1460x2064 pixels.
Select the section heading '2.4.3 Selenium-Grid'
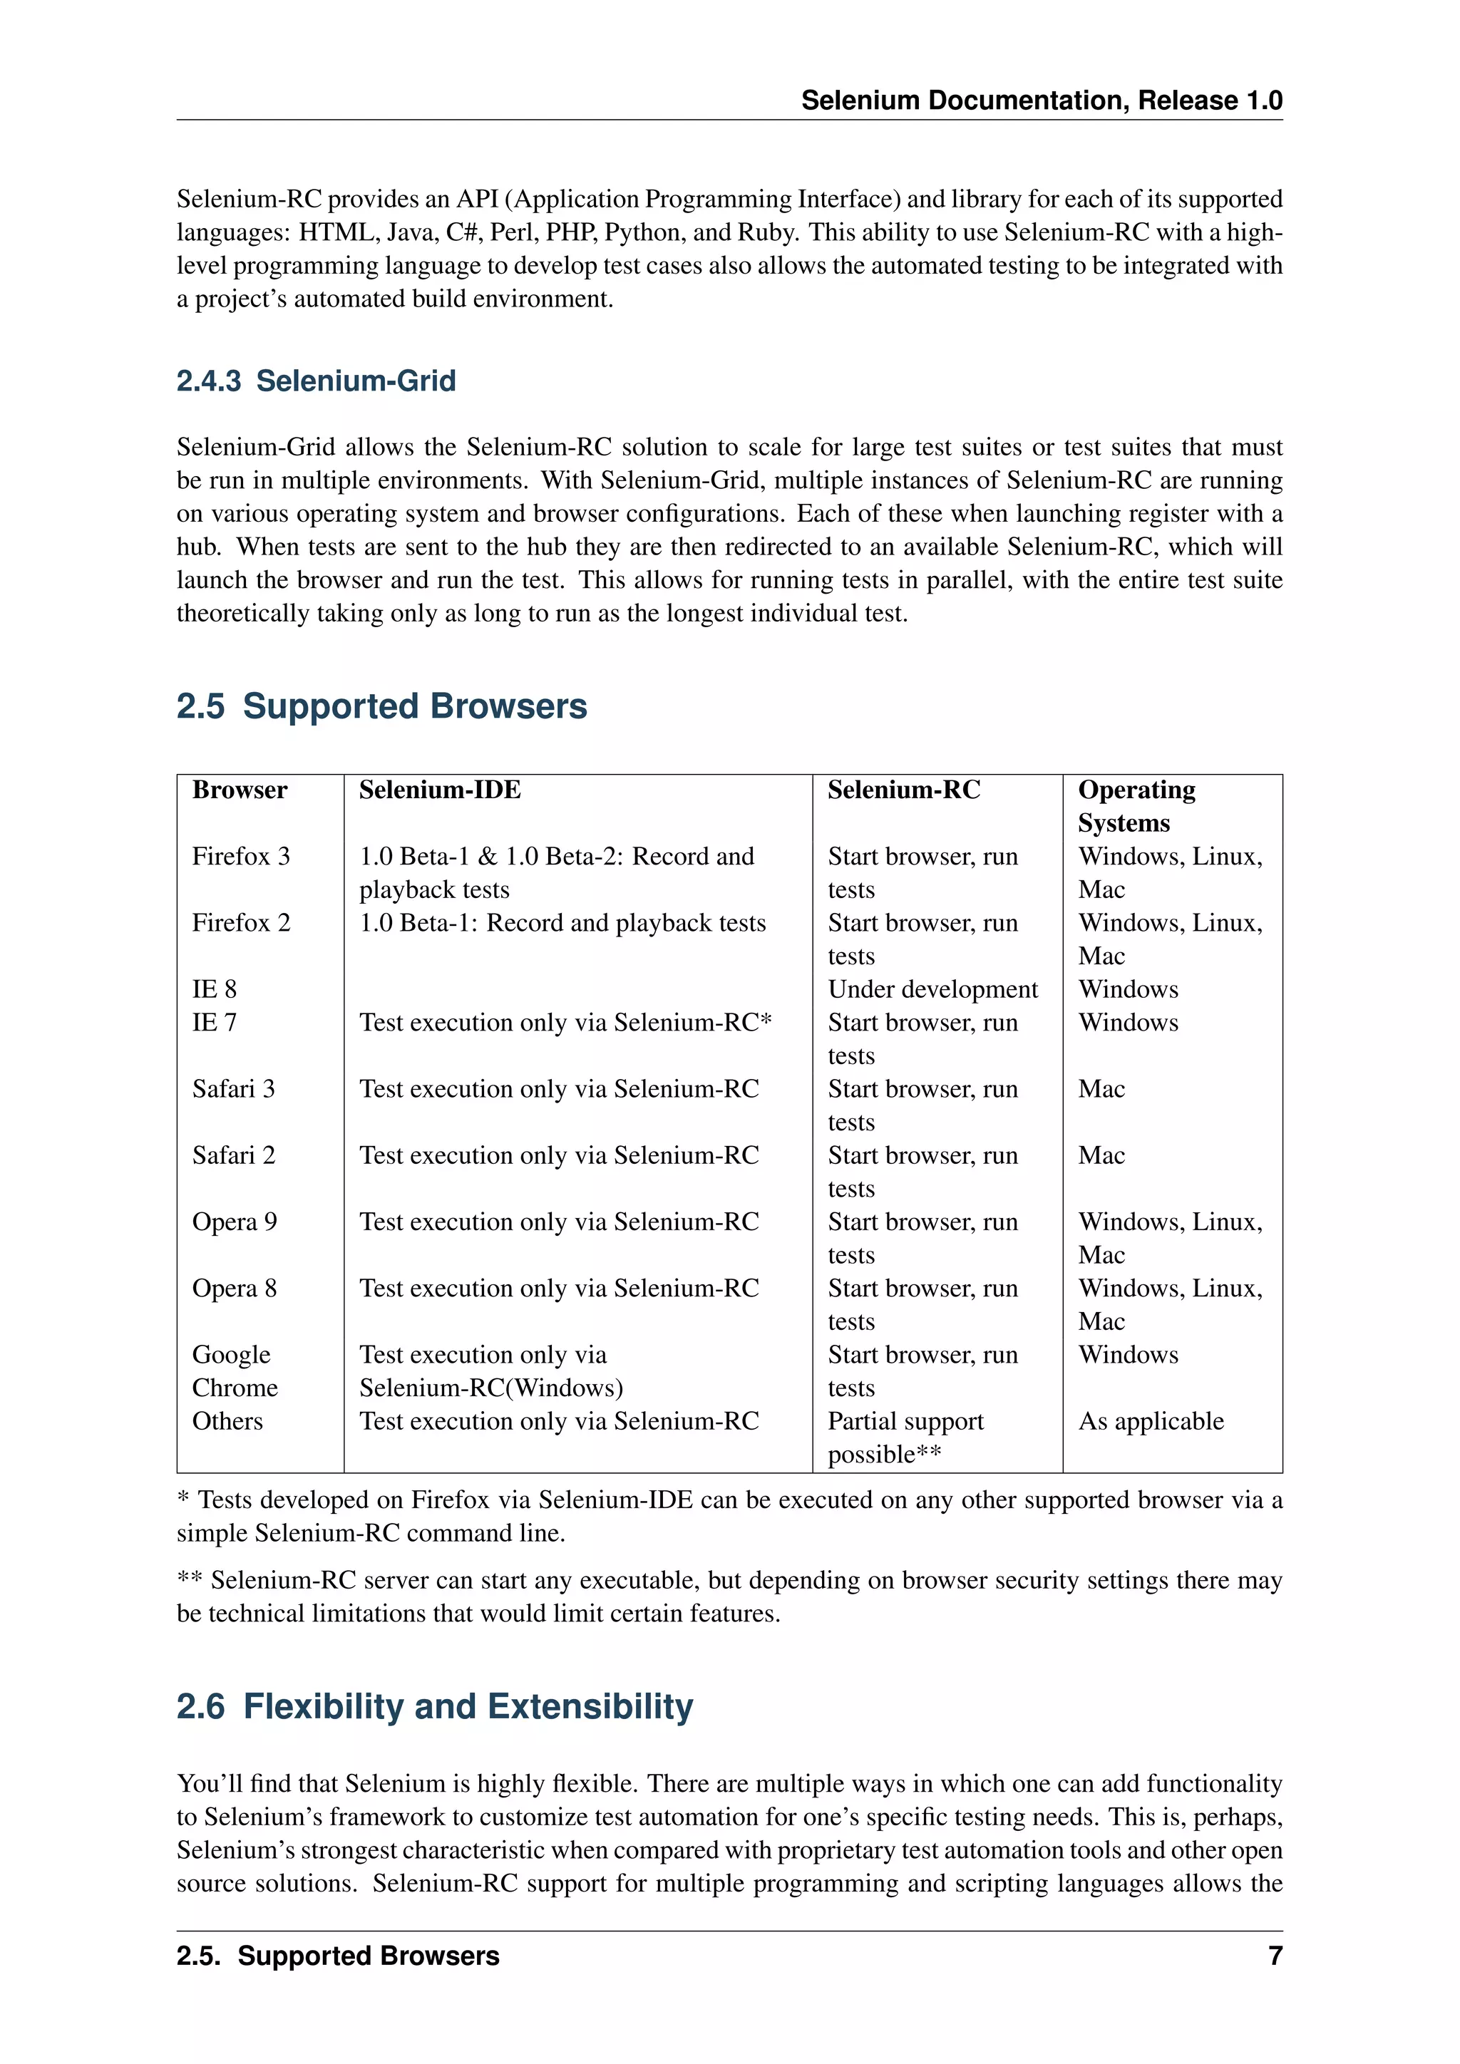[317, 381]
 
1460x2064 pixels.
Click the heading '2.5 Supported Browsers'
[381, 706]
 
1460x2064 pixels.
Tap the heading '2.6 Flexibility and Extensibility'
[434, 1706]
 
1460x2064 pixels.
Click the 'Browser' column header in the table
[239, 790]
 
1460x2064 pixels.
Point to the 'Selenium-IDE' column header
[440, 790]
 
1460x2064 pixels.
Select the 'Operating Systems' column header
[1136, 806]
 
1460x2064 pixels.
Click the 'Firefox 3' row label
[241, 857]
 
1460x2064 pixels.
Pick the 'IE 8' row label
[214, 990]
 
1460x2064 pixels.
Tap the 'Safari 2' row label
[234, 1155]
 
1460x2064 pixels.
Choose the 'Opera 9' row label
[235, 1222]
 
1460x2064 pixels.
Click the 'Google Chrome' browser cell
[235, 1371]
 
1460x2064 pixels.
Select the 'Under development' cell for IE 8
[932, 990]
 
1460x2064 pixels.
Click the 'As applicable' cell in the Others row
[1151, 1421]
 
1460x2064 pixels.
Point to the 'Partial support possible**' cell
[905, 1438]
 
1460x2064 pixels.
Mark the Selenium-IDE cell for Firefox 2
[562, 923]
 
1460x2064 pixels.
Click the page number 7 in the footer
[1274, 1956]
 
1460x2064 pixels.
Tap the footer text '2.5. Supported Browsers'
[338, 1956]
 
